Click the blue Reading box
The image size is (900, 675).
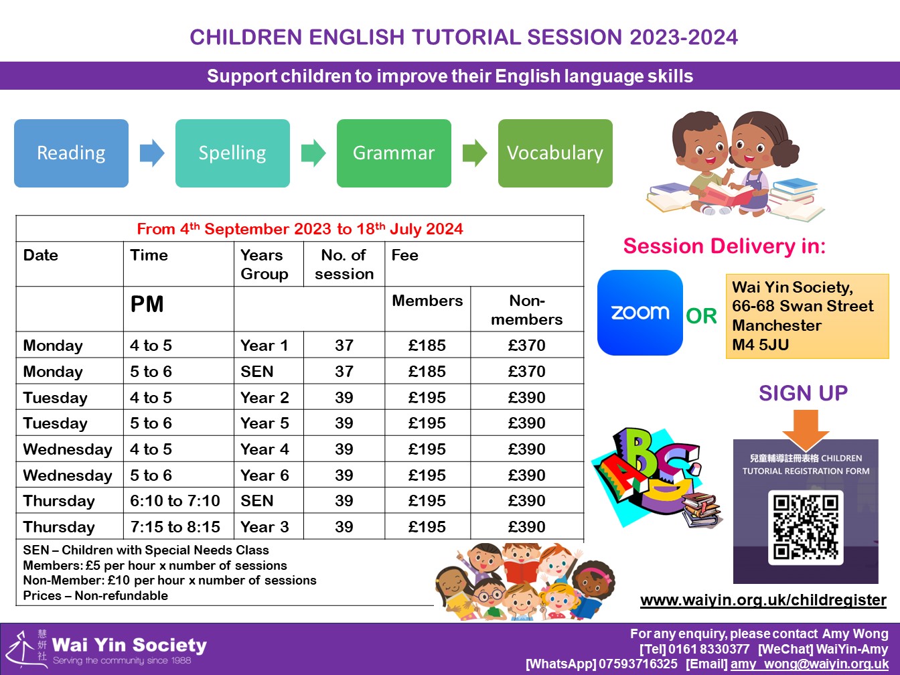pos(71,153)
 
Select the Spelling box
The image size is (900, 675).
pos(232,153)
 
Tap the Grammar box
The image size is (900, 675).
pos(394,153)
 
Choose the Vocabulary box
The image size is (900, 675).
pos(555,153)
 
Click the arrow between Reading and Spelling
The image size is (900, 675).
pos(152,153)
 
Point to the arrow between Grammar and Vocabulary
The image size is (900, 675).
pos(475,153)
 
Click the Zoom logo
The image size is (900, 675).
pos(640,313)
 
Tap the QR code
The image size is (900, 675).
pos(806,526)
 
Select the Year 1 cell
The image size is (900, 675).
pos(265,346)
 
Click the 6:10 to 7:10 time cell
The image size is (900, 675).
pos(175,501)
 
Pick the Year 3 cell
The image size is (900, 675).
pos(265,527)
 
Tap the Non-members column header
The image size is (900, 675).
pos(527,310)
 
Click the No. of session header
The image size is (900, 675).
pos(344,265)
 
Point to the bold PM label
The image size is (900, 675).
pos(147,305)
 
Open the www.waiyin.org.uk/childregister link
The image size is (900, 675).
pos(763,600)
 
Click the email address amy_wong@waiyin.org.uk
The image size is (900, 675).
pos(810,664)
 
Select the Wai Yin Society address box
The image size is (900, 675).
pos(807,316)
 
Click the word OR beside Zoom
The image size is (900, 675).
pos(702,316)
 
